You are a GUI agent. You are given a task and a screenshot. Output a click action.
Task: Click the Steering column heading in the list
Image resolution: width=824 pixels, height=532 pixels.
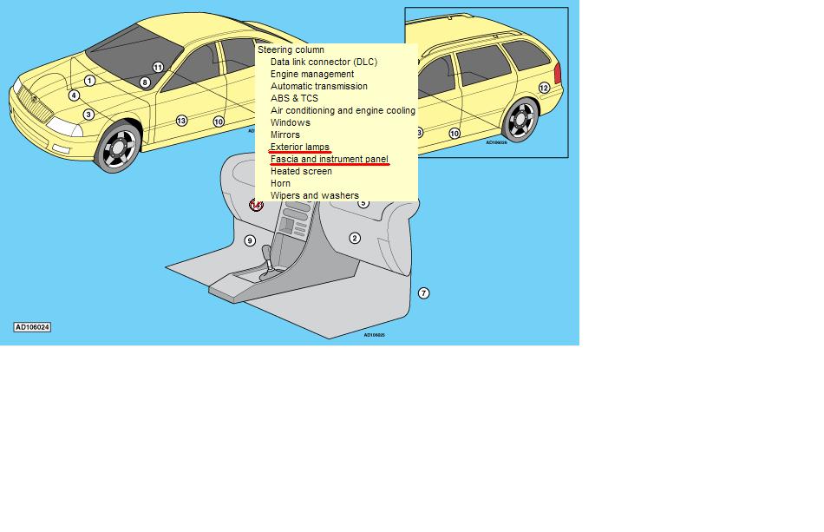click(291, 50)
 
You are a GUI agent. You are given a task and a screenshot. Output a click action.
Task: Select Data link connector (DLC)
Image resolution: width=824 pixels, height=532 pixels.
click(324, 62)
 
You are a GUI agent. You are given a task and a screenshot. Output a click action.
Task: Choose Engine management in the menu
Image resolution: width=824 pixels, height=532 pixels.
click(312, 74)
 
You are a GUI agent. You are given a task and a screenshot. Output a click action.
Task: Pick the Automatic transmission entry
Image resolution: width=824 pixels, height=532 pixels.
click(319, 86)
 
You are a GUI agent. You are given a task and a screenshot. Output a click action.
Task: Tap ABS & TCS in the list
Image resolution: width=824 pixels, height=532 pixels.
click(294, 98)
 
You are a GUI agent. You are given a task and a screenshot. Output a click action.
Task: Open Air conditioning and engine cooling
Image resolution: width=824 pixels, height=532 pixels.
click(343, 110)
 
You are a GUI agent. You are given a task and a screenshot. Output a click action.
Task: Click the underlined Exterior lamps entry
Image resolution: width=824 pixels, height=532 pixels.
click(299, 148)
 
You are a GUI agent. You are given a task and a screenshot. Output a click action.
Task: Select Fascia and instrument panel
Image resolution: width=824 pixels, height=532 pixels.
click(329, 160)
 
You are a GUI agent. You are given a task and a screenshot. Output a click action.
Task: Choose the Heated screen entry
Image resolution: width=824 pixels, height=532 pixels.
click(301, 171)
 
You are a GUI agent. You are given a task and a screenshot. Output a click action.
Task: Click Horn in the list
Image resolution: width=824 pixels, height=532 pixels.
click(280, 183)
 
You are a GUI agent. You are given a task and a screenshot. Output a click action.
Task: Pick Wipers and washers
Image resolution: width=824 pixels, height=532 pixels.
click(314, 195)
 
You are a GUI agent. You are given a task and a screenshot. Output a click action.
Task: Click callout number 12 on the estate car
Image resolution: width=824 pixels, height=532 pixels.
click(544, 89)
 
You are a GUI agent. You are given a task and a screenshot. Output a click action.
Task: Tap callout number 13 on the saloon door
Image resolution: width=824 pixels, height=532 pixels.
click(181, 121)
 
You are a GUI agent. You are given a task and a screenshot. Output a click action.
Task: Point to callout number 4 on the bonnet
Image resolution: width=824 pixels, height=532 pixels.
click(74, 95)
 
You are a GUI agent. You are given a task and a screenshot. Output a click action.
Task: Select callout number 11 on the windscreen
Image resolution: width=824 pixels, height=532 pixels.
click(158, 68)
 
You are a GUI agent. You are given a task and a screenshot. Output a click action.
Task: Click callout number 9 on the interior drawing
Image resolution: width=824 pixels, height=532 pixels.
click(250, 240)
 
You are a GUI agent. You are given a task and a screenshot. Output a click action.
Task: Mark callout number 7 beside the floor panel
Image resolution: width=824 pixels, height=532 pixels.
click(423, 293)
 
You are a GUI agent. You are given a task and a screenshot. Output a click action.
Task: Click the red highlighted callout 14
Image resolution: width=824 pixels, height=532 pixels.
click(256, 205)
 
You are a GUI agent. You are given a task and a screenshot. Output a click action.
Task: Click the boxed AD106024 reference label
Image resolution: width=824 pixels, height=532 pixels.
click(32, 327)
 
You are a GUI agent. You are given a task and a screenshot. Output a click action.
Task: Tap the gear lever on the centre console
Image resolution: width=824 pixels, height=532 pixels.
click(267, 259)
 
